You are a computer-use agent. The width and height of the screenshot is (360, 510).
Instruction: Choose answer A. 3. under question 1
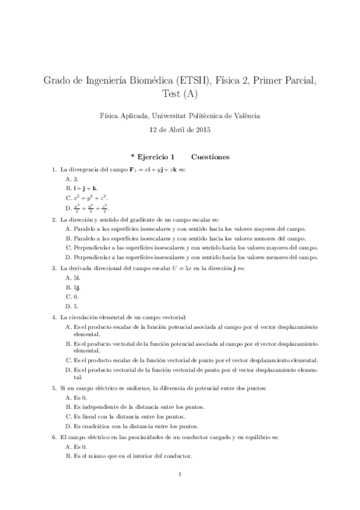(x=72, y=179)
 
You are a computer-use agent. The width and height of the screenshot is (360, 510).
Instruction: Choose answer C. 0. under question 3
(x=72, y=297)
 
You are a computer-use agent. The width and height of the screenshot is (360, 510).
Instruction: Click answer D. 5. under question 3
(x=72, y=307)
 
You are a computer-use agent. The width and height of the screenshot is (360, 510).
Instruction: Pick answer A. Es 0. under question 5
(x=76, y=398)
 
